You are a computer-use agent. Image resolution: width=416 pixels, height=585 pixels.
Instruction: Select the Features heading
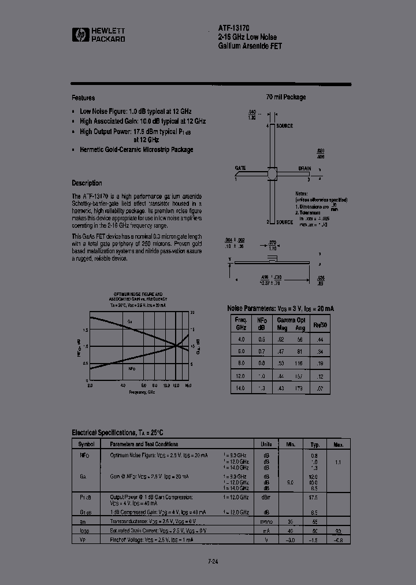point(83,98)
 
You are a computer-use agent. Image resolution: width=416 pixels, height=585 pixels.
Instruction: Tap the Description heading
point(87,183)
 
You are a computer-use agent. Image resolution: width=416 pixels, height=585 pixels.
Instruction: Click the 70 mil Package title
point(285,97)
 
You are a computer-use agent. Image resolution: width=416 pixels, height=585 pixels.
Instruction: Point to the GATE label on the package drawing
point(240,168)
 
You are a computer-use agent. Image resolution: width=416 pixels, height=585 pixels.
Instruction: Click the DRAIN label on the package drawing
point(304,169)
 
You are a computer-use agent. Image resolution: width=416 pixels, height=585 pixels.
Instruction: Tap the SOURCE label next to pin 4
point(284,125)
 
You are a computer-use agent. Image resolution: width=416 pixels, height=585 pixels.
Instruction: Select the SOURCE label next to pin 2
point(284,222)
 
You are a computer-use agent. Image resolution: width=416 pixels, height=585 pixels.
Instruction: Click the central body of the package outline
point(271,173)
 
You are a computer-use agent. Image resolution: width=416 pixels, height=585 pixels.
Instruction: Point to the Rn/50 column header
point(320,325)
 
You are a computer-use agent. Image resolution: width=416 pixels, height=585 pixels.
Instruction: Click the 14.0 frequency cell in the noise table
point(240,388)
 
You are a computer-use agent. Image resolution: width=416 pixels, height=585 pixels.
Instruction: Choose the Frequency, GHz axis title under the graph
point(142,392)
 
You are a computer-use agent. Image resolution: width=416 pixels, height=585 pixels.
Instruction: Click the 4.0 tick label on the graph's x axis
point(123,385)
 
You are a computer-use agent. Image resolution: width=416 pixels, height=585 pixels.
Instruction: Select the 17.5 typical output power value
point(314,497)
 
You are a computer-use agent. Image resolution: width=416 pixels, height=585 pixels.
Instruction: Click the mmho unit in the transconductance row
point(266,521)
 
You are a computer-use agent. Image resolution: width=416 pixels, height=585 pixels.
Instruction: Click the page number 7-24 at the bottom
point(213,560)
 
